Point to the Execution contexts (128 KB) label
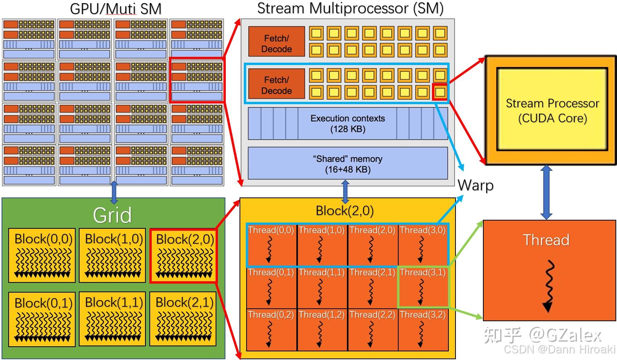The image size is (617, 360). [x=348, y=123]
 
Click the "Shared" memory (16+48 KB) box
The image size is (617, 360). [x=348, y=163]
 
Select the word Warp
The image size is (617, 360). [x=475, y=185]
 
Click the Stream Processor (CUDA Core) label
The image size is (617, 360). [x=553, y=110]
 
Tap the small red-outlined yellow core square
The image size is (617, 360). [x=440, y=92]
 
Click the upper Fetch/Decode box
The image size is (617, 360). [x=276, y=42]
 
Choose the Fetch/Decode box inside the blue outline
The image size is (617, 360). [x=276, y=84]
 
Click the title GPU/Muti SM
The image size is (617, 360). [x=116, y=9]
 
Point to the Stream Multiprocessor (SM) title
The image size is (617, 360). [x=350, y=8]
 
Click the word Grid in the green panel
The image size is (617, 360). [x=113, y=215]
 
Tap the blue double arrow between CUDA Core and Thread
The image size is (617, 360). [x=546, y=192]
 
